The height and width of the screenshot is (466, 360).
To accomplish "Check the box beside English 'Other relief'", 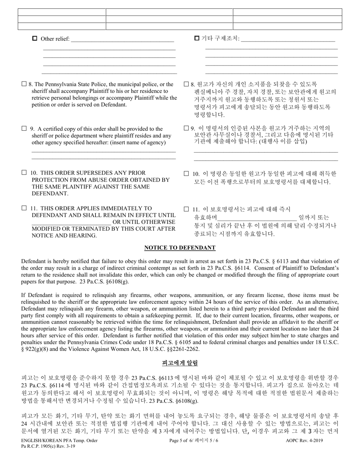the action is click(x=35, y=38).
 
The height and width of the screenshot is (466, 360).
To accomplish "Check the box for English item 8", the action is click(x=24, y=84).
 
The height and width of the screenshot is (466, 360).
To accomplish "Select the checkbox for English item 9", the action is click(x=24, y=129).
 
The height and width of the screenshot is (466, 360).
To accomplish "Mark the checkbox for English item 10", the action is click(x=24, y=173).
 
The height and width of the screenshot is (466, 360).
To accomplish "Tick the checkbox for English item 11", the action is click(x=24, y=208).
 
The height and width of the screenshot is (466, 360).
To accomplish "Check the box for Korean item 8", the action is click(x=186, y=84).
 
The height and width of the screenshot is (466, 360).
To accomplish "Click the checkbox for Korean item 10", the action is click(x=186, y=174).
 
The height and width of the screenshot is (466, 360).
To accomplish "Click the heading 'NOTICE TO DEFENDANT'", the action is click(x=180, y=248).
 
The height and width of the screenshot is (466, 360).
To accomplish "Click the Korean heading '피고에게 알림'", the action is click(x=180, y=363).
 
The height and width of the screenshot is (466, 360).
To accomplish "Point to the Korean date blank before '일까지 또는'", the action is click(x=257, y=218).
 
